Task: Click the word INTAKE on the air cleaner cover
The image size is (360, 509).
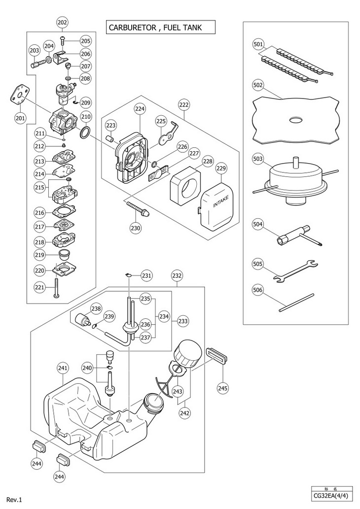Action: click(x=221, y=201)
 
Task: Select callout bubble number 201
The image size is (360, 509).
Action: click(x=20, y=118)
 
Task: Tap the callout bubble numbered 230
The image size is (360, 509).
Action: click(x=136, y=228)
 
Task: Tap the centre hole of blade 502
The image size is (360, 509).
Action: click(x=296, y=120)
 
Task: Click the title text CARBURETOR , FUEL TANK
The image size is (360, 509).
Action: click(x=155, y=28)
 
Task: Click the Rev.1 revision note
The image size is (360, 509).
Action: click(x=14, y=500)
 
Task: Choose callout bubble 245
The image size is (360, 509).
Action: click(x=223, y=388)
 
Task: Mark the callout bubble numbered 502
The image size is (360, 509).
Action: click(x=258, y=85)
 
